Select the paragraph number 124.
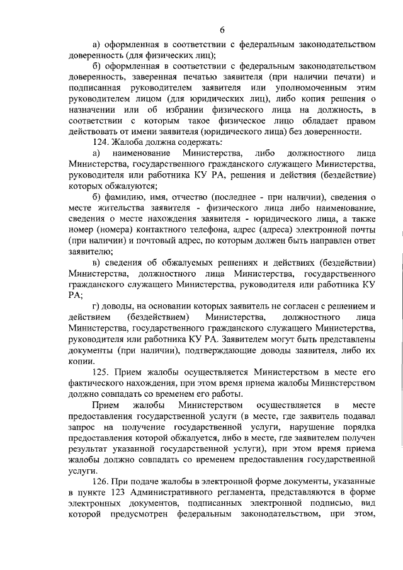pyautogui.click(x=102, y=142)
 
